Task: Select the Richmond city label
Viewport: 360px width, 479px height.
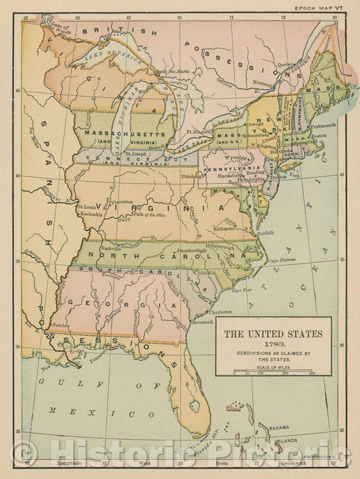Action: tap(224, 228)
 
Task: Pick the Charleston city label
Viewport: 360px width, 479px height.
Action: tap(220, 312)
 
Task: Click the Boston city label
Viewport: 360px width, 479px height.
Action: tap(319, 136)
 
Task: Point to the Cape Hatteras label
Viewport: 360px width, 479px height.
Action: tap(282, 261)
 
